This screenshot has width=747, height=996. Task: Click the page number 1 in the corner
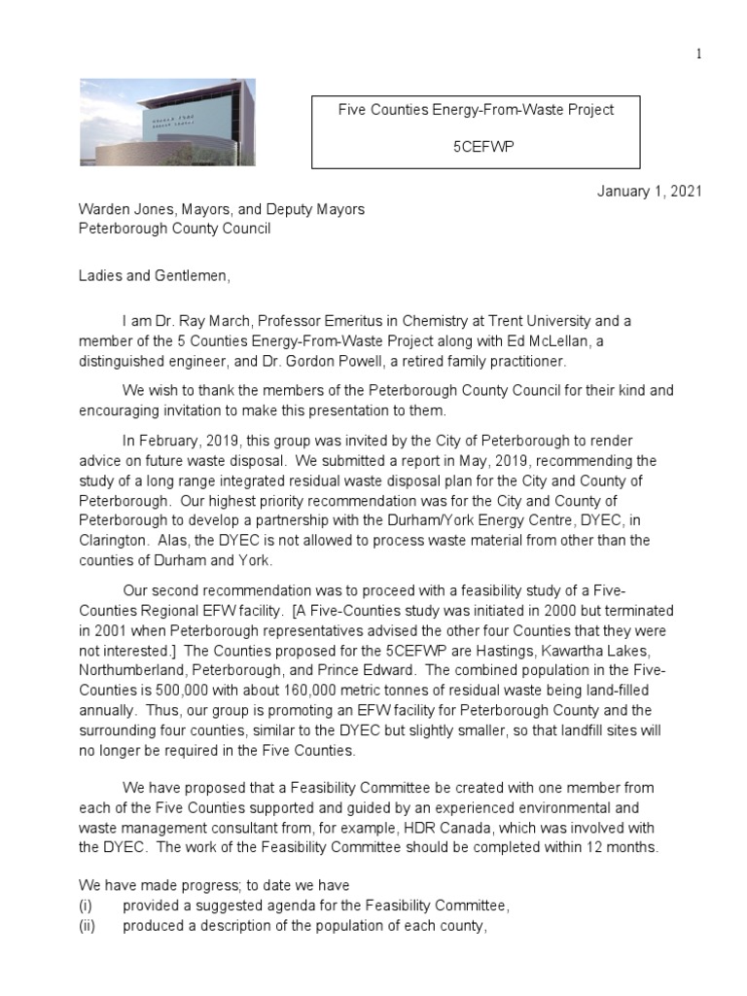[698, 53]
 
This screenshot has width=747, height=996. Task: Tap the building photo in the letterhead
[166, 124]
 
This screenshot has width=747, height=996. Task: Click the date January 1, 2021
[649, 192]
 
